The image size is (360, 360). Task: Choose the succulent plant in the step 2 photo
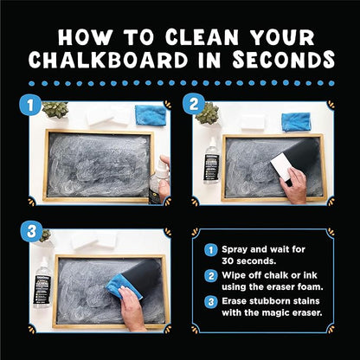click(206, 112)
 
